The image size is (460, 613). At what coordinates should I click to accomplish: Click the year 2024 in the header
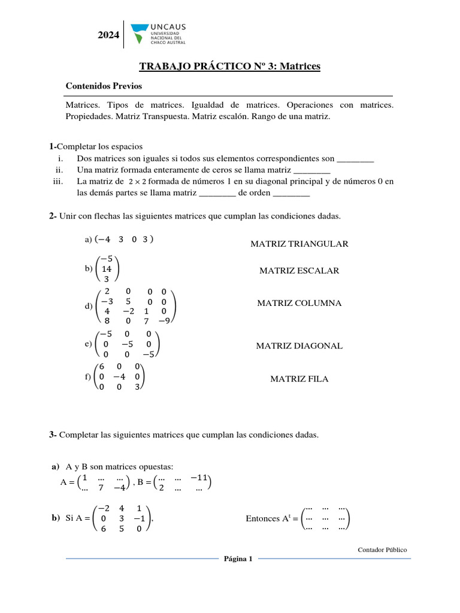108,36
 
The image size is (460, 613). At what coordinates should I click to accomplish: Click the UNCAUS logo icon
138,34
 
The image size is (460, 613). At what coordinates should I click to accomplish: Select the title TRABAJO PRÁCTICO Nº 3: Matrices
230,66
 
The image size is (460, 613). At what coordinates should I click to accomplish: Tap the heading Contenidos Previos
104,86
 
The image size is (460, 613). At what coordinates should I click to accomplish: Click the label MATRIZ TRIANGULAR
299,244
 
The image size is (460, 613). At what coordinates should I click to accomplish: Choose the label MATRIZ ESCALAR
299,271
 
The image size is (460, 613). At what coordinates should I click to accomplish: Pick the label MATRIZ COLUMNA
299,304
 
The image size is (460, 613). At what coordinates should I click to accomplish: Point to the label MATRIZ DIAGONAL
299,346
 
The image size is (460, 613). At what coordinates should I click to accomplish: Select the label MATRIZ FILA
299,379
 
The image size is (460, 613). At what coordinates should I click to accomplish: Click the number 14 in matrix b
107,269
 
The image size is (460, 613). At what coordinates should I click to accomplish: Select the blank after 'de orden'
291,193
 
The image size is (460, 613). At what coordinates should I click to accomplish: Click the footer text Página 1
238,559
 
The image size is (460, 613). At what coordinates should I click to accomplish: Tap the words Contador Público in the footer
382,550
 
